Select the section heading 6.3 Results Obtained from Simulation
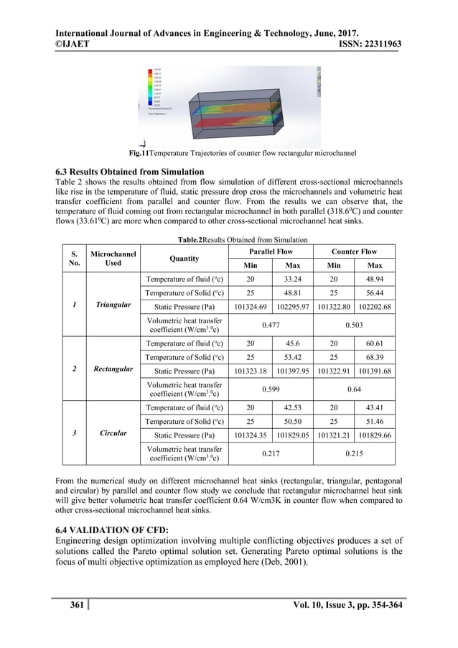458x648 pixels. click(129, 172)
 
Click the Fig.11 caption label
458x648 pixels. click(139, 154)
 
